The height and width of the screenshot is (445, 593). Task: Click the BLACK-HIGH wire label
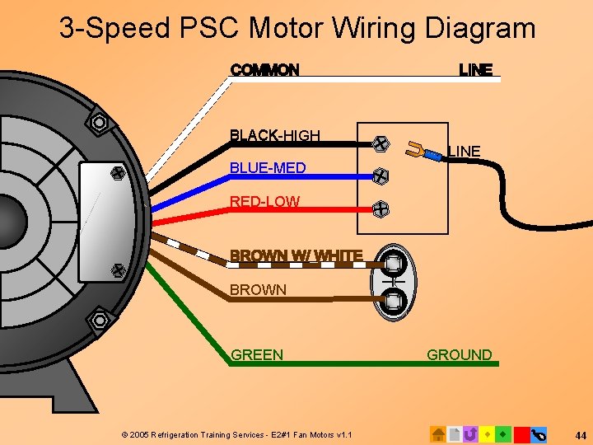point(275,135)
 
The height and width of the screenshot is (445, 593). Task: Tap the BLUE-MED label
point(268,168)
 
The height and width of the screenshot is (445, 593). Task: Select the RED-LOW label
point(264,201)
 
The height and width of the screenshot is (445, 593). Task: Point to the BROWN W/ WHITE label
point(296,256)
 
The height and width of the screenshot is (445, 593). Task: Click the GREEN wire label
point(257,355)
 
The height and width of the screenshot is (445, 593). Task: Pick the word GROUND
point(459,355)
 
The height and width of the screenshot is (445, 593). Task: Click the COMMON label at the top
point(264,70)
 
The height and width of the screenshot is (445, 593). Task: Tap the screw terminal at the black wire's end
point(381,143)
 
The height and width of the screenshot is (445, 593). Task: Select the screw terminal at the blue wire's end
point(381,176)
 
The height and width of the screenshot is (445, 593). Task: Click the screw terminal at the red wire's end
point(381,208)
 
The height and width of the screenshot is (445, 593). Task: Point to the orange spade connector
point(418,151)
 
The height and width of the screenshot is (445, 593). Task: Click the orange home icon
point(438,433)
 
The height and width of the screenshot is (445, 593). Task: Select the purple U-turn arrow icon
point(471,433)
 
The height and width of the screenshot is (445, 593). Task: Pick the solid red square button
point(521,433)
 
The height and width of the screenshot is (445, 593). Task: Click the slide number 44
point(581,434)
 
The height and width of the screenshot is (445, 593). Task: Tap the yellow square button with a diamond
point(488,433)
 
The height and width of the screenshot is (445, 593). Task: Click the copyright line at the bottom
point(236,434)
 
